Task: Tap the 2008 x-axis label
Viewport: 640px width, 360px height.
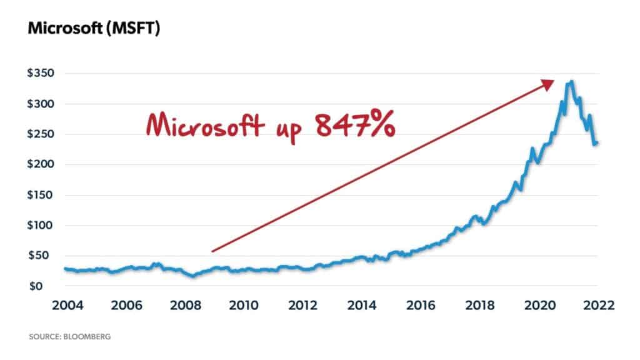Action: point(185,306)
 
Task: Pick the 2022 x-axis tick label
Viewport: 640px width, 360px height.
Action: point(597,306)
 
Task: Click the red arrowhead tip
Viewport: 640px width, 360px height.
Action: point(554,81)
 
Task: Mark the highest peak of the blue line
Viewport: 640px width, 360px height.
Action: point(572,81)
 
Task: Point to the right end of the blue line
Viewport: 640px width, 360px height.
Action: point(596,143)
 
